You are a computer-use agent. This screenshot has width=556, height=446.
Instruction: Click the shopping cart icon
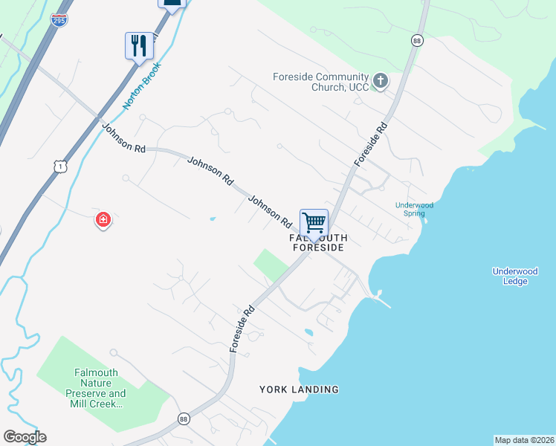314,222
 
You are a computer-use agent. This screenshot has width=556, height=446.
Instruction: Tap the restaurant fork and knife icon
139,45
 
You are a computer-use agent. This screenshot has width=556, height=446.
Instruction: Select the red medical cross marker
103,220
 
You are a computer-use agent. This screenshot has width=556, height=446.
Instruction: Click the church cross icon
381,81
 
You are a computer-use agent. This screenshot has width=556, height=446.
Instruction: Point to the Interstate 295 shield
59,21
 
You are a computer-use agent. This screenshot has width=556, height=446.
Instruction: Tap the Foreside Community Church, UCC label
321,82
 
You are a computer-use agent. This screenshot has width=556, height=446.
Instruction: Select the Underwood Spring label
414,209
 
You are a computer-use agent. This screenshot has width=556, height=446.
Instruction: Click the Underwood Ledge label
514,276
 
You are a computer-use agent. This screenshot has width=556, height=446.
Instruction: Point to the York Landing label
299,389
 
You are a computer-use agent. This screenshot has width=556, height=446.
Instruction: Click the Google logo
25,437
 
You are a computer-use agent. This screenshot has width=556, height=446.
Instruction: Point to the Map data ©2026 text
524,439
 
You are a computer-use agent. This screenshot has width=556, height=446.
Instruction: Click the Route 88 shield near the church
416,40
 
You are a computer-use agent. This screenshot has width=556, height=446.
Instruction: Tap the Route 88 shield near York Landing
184,419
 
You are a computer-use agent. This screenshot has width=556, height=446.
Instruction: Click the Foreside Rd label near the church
371,143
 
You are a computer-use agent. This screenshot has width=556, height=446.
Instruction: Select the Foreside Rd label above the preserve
243,329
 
